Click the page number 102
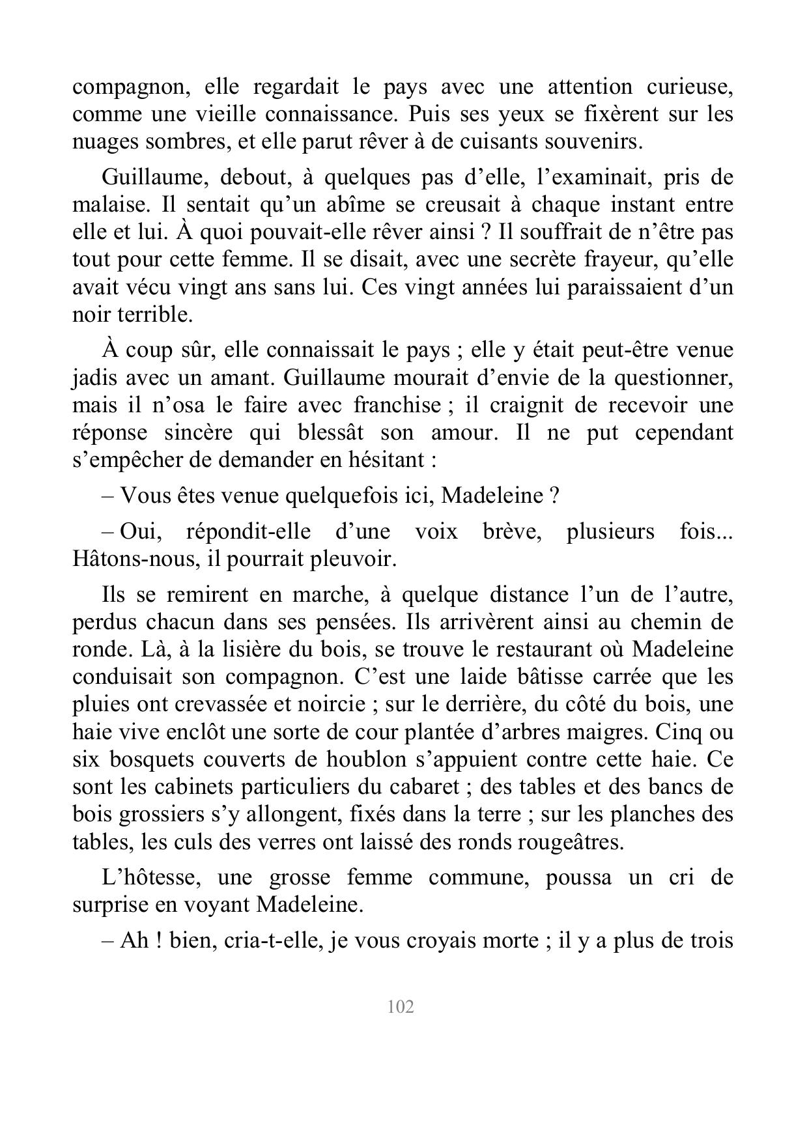401,1006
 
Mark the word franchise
397,405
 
